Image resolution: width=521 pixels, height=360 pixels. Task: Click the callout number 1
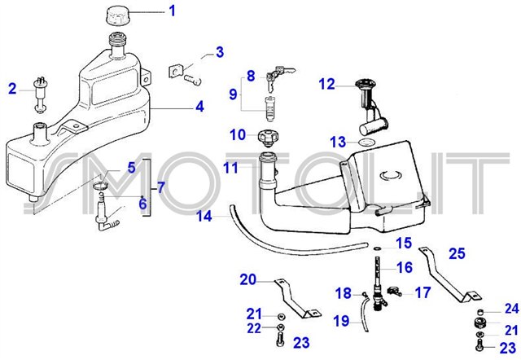(x=172, y=11)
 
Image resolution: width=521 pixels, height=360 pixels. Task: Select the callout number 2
(x=12, y=88)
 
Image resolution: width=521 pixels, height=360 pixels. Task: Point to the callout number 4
(x=199, y=106)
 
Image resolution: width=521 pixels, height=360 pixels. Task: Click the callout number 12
(x=326, y=83)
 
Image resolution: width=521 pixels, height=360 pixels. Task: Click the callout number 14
(x=204, y=217)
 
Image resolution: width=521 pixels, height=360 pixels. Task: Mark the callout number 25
(x=457, y=253)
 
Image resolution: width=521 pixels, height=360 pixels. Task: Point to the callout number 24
(x=511, y=309)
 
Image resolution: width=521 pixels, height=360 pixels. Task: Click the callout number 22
(x=255, y=327)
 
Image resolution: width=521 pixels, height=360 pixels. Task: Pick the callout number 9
(x=232, y=94)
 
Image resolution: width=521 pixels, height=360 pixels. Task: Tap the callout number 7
(x=160, y=188)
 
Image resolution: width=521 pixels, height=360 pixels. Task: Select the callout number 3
(x=219, y=54)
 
